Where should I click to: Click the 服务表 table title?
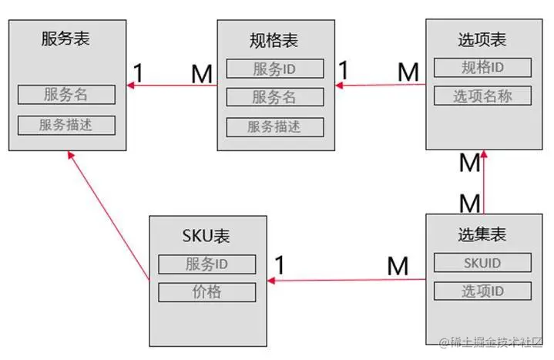point(65,39)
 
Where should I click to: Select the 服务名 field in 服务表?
point(66,94)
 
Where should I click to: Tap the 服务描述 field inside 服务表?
point(66,125)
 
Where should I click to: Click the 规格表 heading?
point(274,40)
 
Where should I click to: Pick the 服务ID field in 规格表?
point(274,69)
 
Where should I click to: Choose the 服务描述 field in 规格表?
point(274,127)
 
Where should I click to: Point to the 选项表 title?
point(482,39)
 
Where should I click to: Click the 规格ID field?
point(482,67)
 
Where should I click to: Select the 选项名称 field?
point(482,96)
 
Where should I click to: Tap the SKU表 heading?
point(206,235)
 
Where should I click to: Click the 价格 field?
point(206,292)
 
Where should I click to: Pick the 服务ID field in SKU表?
point(206,264)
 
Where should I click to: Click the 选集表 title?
point(482,234)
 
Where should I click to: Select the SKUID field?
point(482,263)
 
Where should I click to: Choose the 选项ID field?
point(482,291)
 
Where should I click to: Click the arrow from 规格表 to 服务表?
point(173,85)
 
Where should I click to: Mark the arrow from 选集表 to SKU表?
point(347,280)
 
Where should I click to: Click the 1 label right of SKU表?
point(280,265)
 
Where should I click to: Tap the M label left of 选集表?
point(398,266)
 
